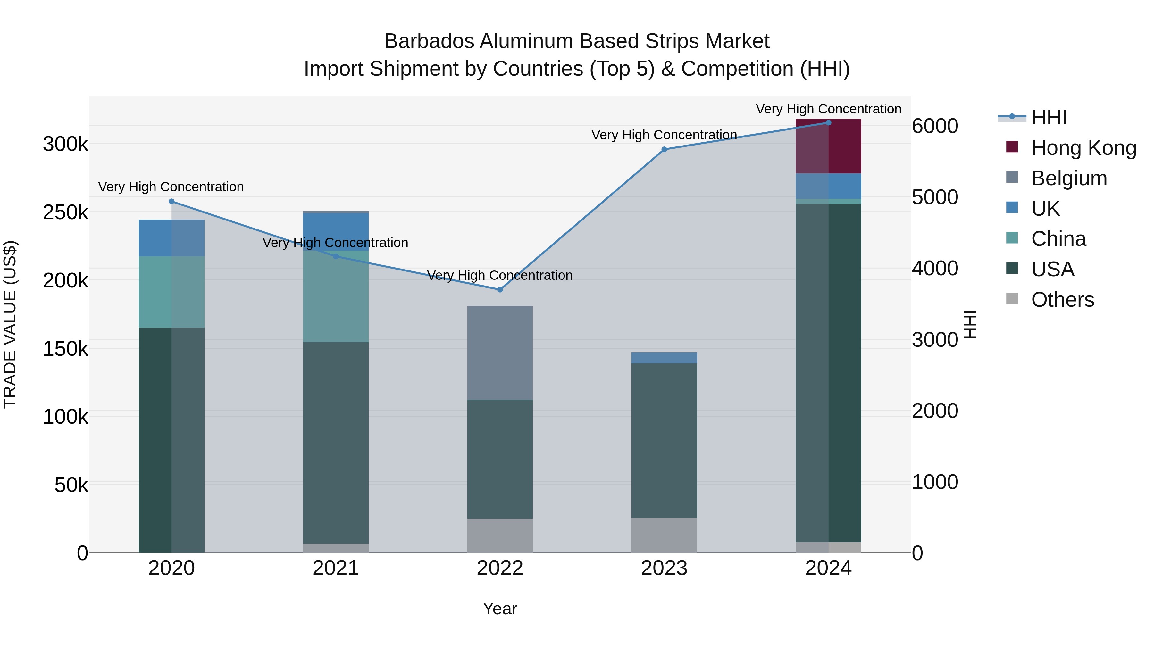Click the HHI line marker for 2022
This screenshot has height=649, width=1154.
500,289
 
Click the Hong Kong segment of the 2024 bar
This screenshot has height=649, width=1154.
828,146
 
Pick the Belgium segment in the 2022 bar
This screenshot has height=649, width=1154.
500,353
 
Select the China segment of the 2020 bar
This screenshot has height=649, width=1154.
171,292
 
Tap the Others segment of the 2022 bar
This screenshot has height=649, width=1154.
500,535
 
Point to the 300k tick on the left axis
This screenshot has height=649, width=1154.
65,144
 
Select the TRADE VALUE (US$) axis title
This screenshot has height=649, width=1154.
10,324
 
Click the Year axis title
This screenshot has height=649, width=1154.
500,609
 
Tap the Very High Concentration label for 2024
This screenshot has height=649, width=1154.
828,109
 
